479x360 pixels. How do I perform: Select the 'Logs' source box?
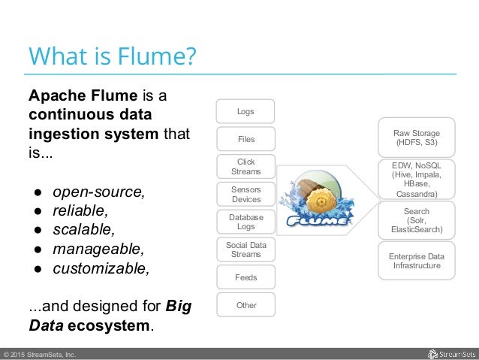pyautogui.click(x=246, y=111)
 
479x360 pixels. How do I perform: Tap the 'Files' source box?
pyautogui.click(x=246, y=139)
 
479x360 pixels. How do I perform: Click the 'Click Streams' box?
pyautogui.click(x=246, y=167)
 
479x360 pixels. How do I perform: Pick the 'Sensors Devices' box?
pyautogui.click(x=246, y=195)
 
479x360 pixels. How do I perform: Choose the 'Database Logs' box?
pyautogui.click(x=246, y=222)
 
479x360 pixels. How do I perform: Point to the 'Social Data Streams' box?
pyautogui.click(x=246, y=250)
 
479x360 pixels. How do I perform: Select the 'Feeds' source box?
pyautogui.click(x=246, y=277)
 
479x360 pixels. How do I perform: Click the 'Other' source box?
pyautogui.click(x=246, y=305)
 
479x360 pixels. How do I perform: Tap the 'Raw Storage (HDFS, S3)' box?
pyautogui.click(x=416, y=137)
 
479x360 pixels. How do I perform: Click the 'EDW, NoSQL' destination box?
pyautogui.click(x=416, y=179)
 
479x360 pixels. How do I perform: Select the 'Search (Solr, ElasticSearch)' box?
pyautogui.click(x=416, y=220)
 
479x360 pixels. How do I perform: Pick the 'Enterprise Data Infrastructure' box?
pyautogui.click(x=416, y=261)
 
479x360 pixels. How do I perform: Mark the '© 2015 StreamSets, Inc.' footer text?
pyautogui.click(x=38, y=354)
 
